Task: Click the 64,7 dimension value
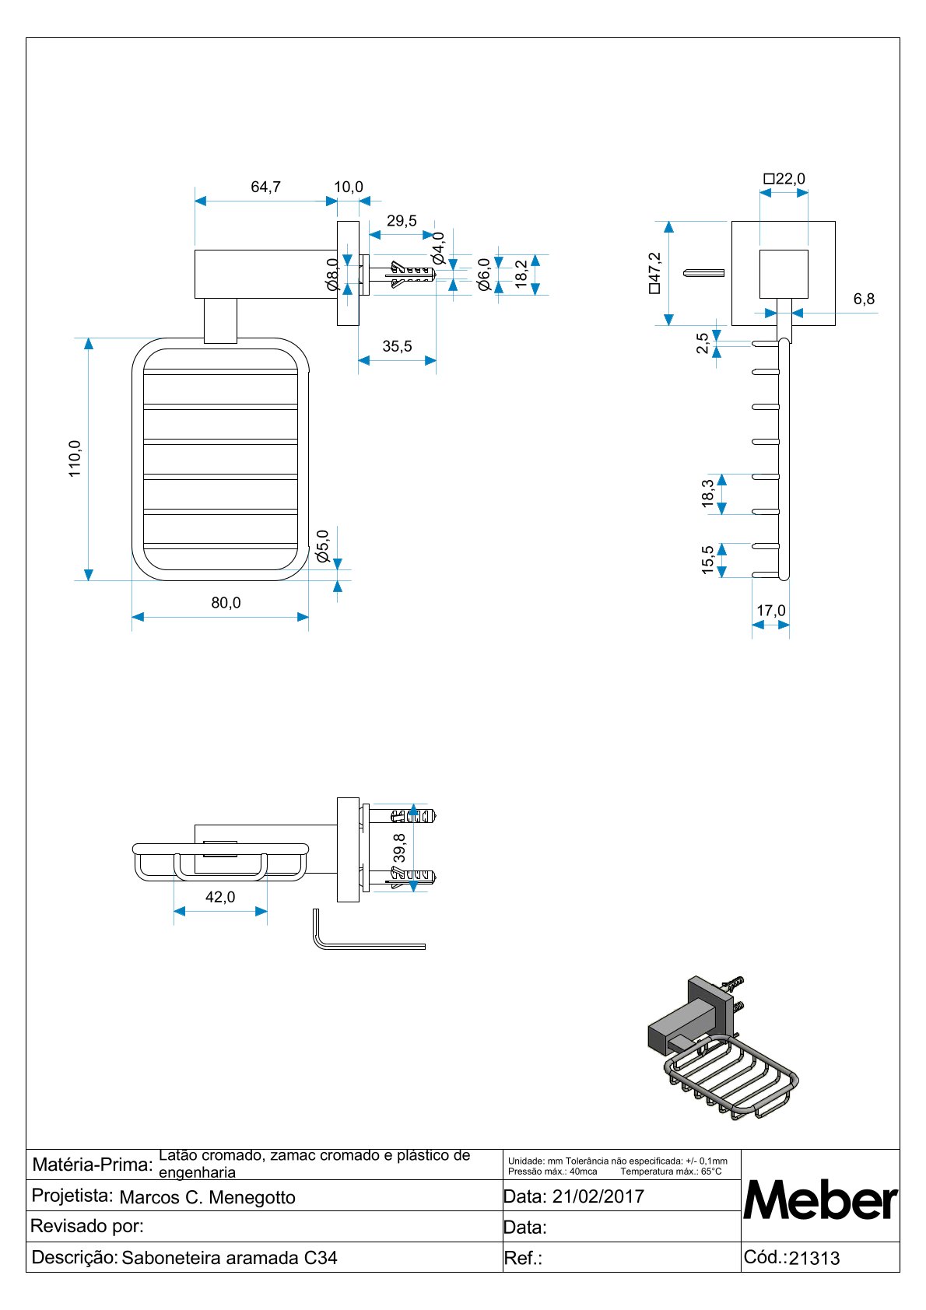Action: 265,187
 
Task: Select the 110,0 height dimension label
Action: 75,458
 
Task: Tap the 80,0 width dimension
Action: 226,603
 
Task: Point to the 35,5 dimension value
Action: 397,346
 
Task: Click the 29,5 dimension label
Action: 402,221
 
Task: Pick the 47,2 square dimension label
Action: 654,272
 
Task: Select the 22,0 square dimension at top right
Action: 784,179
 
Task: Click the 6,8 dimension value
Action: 864,299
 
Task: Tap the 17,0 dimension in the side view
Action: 771,611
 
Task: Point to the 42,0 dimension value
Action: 220,897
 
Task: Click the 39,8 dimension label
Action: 400,847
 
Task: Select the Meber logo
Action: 820,1200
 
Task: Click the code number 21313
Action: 814,1259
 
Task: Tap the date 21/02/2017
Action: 598,1196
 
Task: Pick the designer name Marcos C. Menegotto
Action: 207,1197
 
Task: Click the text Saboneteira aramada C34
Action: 230,1258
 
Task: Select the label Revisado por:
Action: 86,1227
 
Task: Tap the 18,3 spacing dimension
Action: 708,494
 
